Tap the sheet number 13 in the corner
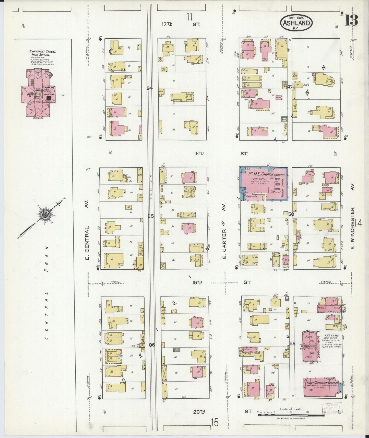pyautogui.click(x=351, y=20)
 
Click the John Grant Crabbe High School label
pyautogui.click(x=42, y=53)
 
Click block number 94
pyautogui.click(x=150, y=88)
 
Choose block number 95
pyautogui.click(x=151, y=216)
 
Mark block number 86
pyautogui.click(x=152, y=345)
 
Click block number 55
pyautogui.click(x=292, y=344)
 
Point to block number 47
pyautogui.click(x=290, y=87)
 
